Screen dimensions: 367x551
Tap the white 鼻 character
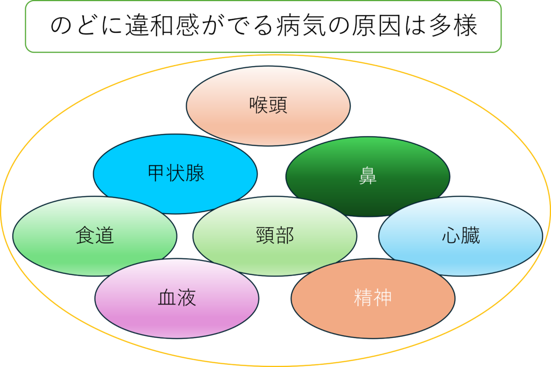coord(368,176)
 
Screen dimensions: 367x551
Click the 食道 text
coord(95,236)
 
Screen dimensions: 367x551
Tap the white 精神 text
coord(372,298)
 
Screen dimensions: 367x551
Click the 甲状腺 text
coord(175,174)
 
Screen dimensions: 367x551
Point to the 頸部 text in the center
coord(275,236)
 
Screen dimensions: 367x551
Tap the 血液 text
coord(176,298)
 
